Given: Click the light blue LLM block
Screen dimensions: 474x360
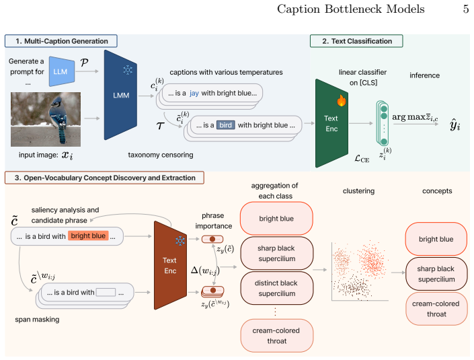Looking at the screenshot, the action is (62, 71).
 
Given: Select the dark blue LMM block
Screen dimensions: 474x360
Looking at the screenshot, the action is (120, 95).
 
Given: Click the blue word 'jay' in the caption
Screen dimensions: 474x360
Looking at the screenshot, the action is (194, 93).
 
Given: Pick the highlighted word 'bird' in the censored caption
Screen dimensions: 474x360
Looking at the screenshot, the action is (225, 125).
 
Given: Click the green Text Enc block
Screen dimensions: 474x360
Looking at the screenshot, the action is (331, 123).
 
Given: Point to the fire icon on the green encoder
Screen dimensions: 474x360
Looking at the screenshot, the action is (342, 101).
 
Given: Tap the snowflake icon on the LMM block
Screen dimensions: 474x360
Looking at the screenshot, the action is (128, 70).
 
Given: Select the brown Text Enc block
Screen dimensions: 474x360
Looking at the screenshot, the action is (170, 265).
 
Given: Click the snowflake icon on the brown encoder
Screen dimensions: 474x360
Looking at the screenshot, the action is (180, 241).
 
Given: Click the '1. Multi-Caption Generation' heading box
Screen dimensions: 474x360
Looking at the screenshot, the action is (61, 41).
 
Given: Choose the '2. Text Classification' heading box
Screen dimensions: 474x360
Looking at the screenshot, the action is (356, 41).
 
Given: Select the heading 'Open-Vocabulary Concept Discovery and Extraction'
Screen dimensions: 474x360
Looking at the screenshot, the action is (110, 178).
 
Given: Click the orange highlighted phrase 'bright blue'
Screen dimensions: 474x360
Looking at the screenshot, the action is (88, 236).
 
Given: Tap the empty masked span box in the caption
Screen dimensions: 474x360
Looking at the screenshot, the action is (106, 292).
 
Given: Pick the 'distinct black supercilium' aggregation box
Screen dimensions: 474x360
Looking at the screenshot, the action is (276, 288).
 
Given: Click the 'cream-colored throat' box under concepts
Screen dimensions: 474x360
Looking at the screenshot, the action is (436, 309).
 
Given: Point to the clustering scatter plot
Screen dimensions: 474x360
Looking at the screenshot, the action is (360, 271).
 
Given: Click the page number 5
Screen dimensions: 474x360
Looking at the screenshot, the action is (465, 9).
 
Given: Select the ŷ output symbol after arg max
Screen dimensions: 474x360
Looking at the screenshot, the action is (455, 124).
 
